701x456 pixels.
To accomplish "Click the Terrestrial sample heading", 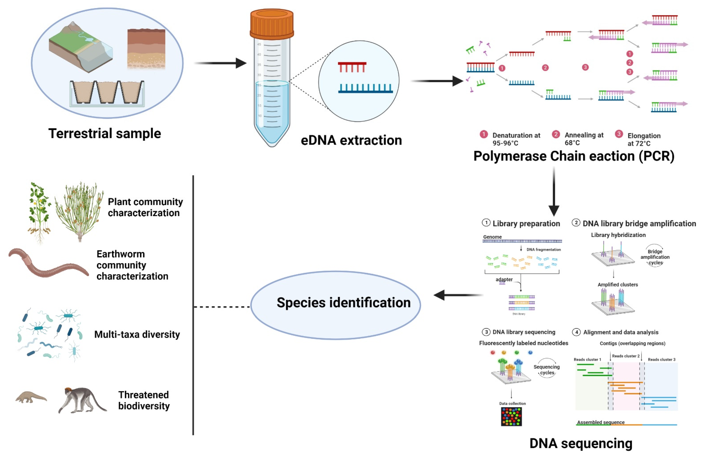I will [x=105, y=133].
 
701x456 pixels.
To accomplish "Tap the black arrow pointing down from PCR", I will [x=554, y=191].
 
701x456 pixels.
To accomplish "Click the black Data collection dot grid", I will [x=511, y=416].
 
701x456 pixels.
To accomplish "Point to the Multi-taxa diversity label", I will [x=137, y=335].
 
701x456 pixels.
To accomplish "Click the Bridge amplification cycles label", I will [x=655, y=257].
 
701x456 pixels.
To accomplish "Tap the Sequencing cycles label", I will [x=547, y=370].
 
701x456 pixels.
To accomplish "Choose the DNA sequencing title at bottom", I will [x=581, y=443].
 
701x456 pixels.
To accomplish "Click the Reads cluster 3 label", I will [x=661, y=359].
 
